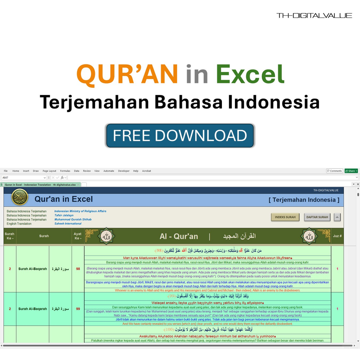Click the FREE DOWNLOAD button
[x=180, y=135]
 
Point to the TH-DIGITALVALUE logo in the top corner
[x=314, y=15]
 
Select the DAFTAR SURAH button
[x=317, y=217]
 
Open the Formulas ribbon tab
[x=65, y=171]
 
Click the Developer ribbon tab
[x=124, y=171]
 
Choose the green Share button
[x=351, y=171]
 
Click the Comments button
[x=334, y=171]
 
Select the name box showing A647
[x=18, y=178]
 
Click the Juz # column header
[x=337, y=236]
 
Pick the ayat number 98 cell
[x=78, y=269]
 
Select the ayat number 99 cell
[x=78, y=309]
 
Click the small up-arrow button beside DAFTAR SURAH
[x=337, y=217]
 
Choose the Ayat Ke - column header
[x=78, y=236]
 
